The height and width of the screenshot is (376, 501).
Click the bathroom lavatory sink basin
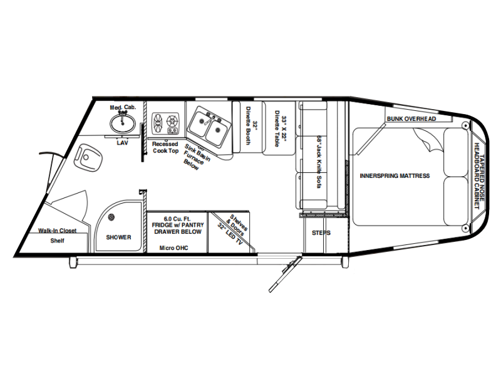(x=122, y=123)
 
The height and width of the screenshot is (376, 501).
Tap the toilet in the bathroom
(x=88, y=157)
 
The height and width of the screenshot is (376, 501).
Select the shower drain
(x=111, y=217)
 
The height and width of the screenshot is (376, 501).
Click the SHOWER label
(x=118, y=238)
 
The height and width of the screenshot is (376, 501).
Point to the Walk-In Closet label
(x=58, y=231)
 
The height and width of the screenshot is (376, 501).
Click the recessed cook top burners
(x=165, y=123)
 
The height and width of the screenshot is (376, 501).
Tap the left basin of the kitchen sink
(x=201, y=121)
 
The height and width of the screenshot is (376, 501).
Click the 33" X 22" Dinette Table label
(x=280, y=128)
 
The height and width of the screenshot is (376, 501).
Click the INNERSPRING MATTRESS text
(x=395, y=176)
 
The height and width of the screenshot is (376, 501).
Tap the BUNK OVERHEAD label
(x=411, y=119)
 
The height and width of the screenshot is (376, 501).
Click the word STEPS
(x=321, y=232)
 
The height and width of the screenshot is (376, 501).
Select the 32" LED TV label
(x=230, y=234)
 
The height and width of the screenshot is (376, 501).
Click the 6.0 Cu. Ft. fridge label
(x=178, y=225)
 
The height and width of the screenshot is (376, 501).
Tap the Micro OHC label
(x=174, y=248)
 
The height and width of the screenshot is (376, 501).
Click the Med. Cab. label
(x=123, y=107)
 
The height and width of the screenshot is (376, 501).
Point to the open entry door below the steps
(x=285, y=274)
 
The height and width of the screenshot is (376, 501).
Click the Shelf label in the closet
(x=57, y=241)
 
